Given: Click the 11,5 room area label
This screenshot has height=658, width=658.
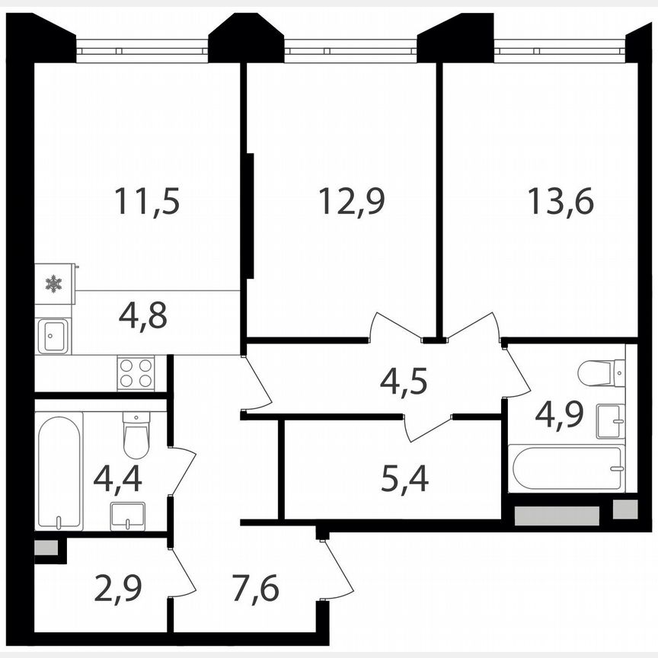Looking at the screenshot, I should point(147,201).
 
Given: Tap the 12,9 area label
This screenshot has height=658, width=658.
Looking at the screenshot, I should point(351,201).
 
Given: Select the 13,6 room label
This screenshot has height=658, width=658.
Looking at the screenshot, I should point(560,201).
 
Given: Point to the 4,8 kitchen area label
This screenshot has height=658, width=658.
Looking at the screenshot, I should point(143,315).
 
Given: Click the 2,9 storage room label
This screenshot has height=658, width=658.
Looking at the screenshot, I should point(119,588).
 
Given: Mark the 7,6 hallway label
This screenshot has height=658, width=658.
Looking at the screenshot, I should point(256,588).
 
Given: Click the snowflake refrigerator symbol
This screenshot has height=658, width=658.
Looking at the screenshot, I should point(53,284).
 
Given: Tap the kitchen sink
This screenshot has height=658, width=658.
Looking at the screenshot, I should point(53,336).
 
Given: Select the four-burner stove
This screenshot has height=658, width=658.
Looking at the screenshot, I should point(136,373).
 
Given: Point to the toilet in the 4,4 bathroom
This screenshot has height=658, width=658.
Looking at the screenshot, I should point(136,435).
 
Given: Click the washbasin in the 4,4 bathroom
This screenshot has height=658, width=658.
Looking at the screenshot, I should point(127,516).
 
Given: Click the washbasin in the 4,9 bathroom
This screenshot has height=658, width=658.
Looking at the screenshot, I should point(611,420).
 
